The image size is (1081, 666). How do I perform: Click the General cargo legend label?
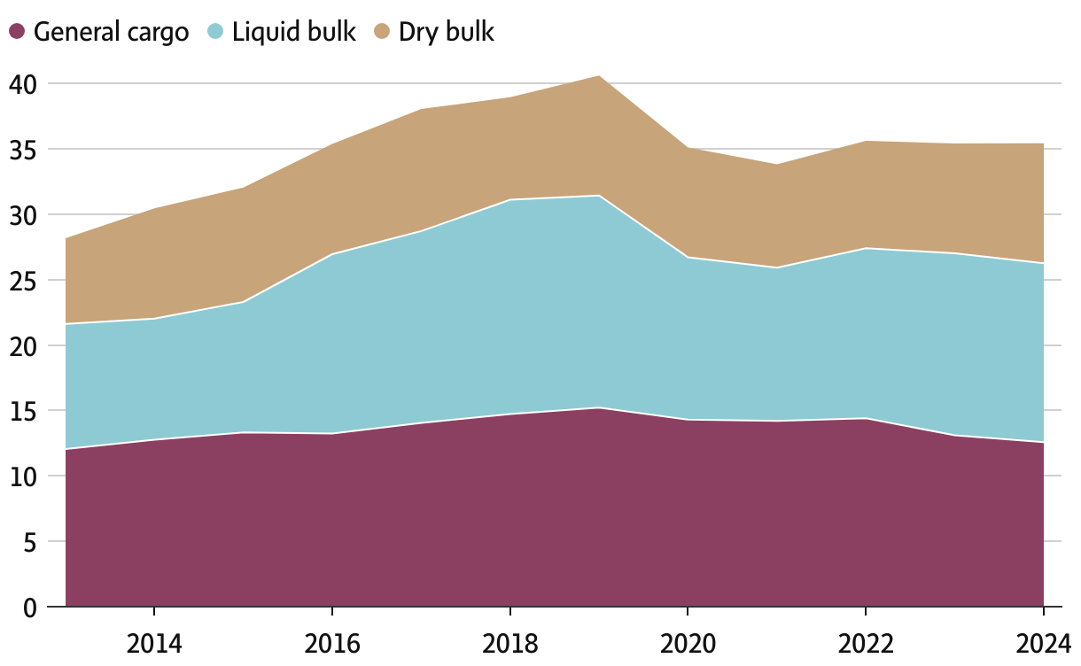tap(111, 33)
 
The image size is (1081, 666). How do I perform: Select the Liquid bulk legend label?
tap(293, 33)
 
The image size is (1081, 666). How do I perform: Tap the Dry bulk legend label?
tap(446, 33)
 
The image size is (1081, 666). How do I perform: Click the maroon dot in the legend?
tap(16, 33)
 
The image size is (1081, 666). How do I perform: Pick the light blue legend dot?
tap(214, 33)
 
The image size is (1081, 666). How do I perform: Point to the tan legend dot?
tap(382, 33)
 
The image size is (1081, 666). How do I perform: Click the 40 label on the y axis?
tap(23, 84)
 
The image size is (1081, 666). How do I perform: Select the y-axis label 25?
tap(23, 281)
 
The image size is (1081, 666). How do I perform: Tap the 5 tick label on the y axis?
tap(30, 542)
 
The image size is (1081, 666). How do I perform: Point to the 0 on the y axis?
tap(30, 608)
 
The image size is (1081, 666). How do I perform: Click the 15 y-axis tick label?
tap(23, 411)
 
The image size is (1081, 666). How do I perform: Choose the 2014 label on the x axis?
tap(154, 644)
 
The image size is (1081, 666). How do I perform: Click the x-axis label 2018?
tap(509, 644)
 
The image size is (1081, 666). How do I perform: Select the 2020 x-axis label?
tap(688, 644)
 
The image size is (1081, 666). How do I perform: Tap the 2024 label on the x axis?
tap(1043, 644)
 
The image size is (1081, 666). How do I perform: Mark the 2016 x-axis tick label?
tap(332, 644)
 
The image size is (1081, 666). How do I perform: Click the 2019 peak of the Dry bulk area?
tap(599, 76)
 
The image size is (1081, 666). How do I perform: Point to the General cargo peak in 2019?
tap(599, 407)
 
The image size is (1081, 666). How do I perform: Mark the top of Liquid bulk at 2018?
tap(509, 200)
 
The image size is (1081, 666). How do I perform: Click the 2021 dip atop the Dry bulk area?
tap(777, 165)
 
